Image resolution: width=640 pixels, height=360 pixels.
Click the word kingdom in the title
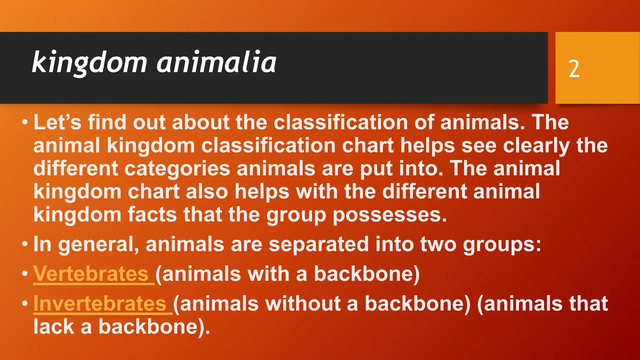[x=89, y=62]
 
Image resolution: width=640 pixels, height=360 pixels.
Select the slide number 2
[x=574, y=69]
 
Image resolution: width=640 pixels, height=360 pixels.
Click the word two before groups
[x=438, y=244]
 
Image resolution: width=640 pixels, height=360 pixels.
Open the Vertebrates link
[x=91, y=274]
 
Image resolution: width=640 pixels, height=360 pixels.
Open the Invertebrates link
[x=100, y=304]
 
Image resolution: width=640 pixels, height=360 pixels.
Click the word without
[x=299, y=304]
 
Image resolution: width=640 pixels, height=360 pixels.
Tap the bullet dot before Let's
[x=25, y=122]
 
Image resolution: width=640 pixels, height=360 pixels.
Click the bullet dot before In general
[x=25, y=244]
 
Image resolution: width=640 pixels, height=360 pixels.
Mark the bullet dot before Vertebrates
[x=25, y=274]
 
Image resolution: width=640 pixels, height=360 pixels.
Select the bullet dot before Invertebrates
[x=25, y=304]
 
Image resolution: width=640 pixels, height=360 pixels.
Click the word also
[x=207, y=192]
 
